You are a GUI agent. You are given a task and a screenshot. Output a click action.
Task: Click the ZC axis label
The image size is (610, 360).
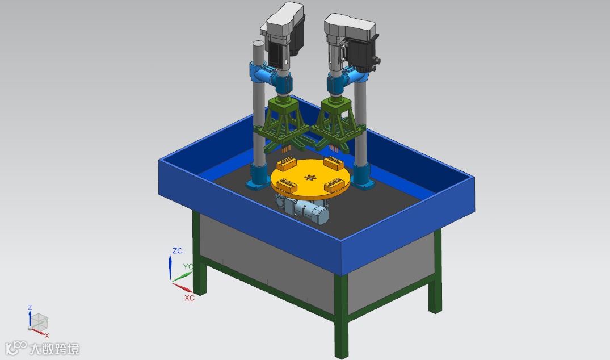(178, 250)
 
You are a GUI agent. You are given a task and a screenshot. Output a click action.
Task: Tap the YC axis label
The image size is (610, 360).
(188, 267)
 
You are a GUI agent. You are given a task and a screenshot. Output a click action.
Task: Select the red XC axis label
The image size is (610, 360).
(190, 298)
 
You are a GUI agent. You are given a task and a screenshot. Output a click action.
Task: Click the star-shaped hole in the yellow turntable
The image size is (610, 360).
(310, 178)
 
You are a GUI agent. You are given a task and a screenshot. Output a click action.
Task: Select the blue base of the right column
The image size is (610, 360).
(363, 177)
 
